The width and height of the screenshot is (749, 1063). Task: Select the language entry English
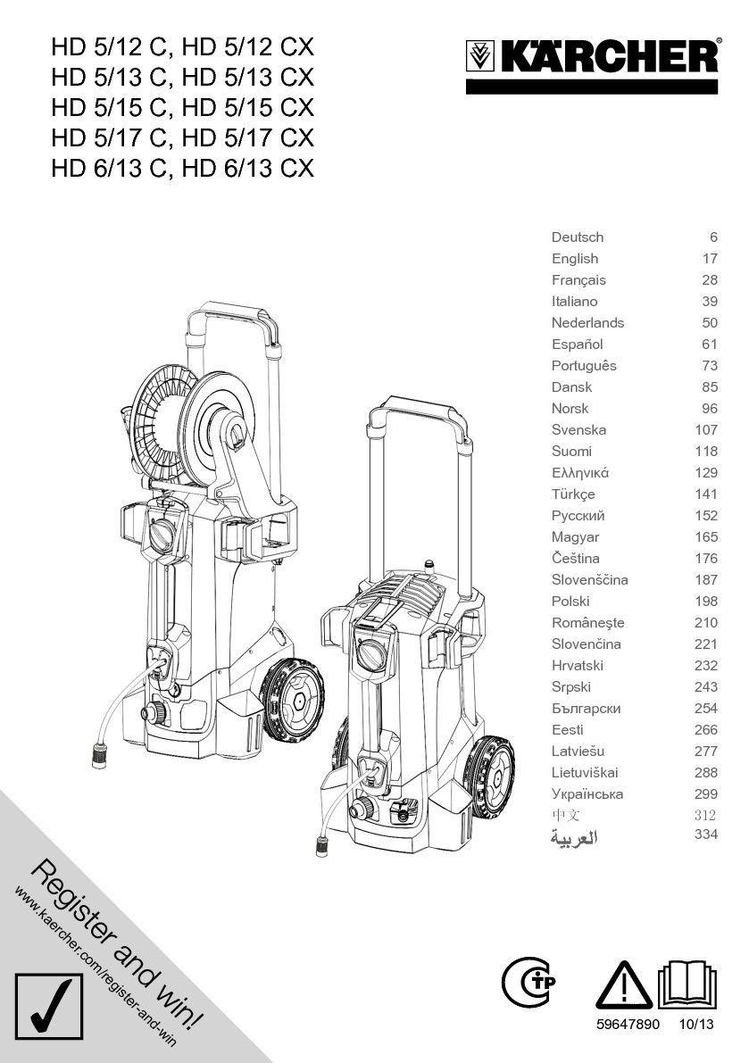[x=575, y=258]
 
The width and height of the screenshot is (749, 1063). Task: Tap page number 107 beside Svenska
[x=705, y=430]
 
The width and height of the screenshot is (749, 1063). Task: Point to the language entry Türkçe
[x=573, y=494]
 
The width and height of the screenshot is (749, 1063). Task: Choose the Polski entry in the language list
[x=570, y=602]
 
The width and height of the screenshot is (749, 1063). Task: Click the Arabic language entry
[x=573, y=838]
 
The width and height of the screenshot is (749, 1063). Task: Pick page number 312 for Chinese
[x=705, y=815]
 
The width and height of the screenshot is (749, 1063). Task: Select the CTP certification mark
[x=528, y=982]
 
